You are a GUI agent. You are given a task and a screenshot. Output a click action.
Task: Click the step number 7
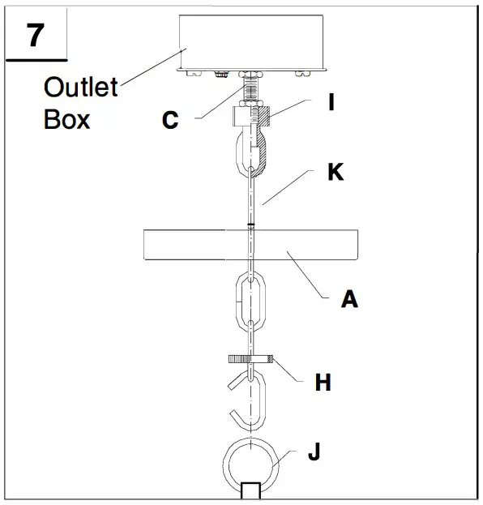tap(35, 37)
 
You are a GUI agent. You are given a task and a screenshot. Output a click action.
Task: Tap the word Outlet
tap(81, 87)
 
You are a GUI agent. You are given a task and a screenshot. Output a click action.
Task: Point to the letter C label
tap(169, 121)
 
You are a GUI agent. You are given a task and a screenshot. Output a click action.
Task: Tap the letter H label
tap(323, 382)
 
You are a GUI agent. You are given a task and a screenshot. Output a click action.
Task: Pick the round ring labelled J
tap(251, 463)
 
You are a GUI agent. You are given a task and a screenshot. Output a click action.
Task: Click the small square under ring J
tap(251, 492)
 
